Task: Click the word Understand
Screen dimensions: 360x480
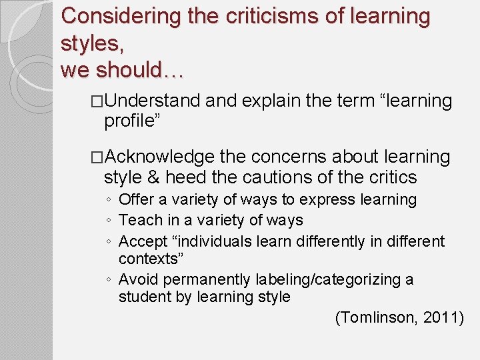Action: (x=152, y=101)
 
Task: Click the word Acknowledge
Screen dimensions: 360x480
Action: (x=160, y=157)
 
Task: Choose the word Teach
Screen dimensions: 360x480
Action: (x=138, y=220)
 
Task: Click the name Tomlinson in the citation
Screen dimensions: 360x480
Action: (x=378, y=317)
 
